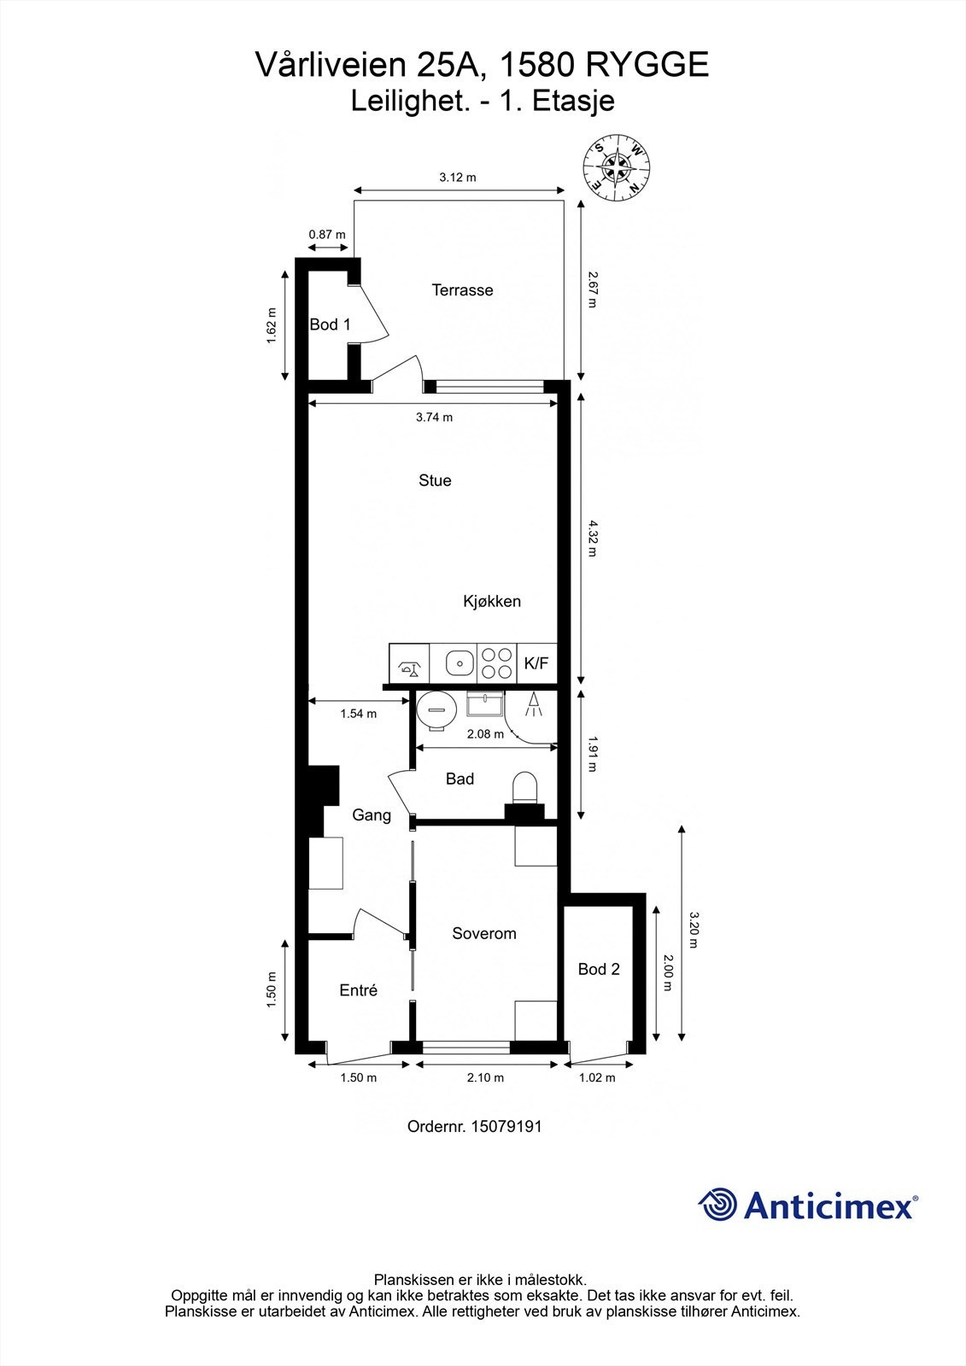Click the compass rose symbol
[617, 167]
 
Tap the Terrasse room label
[462, 289]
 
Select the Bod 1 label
[331, 324]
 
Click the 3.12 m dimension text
[458, 178]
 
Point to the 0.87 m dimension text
[327, 234]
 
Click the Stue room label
[435, 481]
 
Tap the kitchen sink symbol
[460, 663]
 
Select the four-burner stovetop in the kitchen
[497, 663]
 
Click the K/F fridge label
[536, 663]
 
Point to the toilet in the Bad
[524, 787]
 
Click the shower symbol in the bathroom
[534, 703]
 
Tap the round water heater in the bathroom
[437, 709]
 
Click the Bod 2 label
[599, 969]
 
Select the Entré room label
[358, 990]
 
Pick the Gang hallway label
[372, 815]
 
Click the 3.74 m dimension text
[435, 417]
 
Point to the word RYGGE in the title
[648, 64]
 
